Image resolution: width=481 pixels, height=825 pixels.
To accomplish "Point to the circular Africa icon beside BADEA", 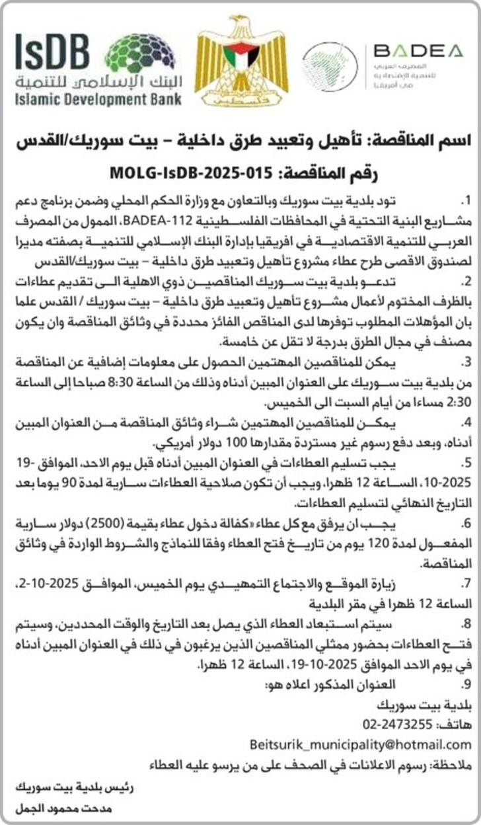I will [x=330, y=66].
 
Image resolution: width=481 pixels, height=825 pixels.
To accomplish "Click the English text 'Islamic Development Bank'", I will [x=98, y=100].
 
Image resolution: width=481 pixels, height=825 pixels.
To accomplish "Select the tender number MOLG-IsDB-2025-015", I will [x=188, y=174].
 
